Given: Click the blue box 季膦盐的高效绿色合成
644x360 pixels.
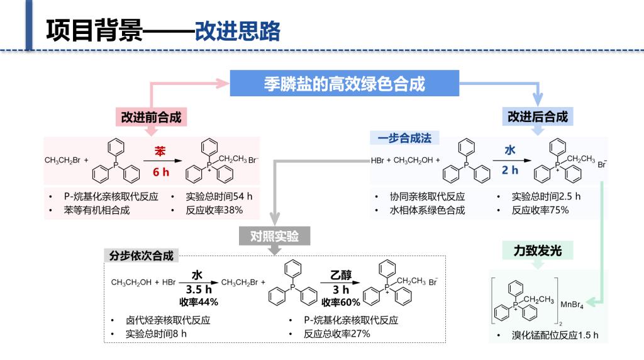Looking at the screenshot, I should click(344, 84).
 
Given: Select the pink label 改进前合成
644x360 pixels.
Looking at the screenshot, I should click(151, 117).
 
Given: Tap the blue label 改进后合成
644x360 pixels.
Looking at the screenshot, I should click(538, 117).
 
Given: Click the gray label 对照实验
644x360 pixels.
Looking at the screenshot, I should click(274, 236).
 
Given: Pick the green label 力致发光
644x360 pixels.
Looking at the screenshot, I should click(537, 250).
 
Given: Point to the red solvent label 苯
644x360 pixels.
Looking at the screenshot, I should click(160, 152).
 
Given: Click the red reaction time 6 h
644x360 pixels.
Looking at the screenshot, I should click(161, 172).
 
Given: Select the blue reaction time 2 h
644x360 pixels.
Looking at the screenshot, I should click(510, 170).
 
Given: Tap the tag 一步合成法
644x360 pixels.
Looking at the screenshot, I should click(404, 138).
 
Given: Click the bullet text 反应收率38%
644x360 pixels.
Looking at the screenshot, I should click(214, 210).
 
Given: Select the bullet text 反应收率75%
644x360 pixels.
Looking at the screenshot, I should click(540, 210).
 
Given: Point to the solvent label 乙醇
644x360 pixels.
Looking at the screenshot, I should click(341, 274).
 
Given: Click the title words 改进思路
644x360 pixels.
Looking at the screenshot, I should click(237, 30).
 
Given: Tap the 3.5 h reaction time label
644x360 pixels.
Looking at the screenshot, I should click(198, 290).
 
